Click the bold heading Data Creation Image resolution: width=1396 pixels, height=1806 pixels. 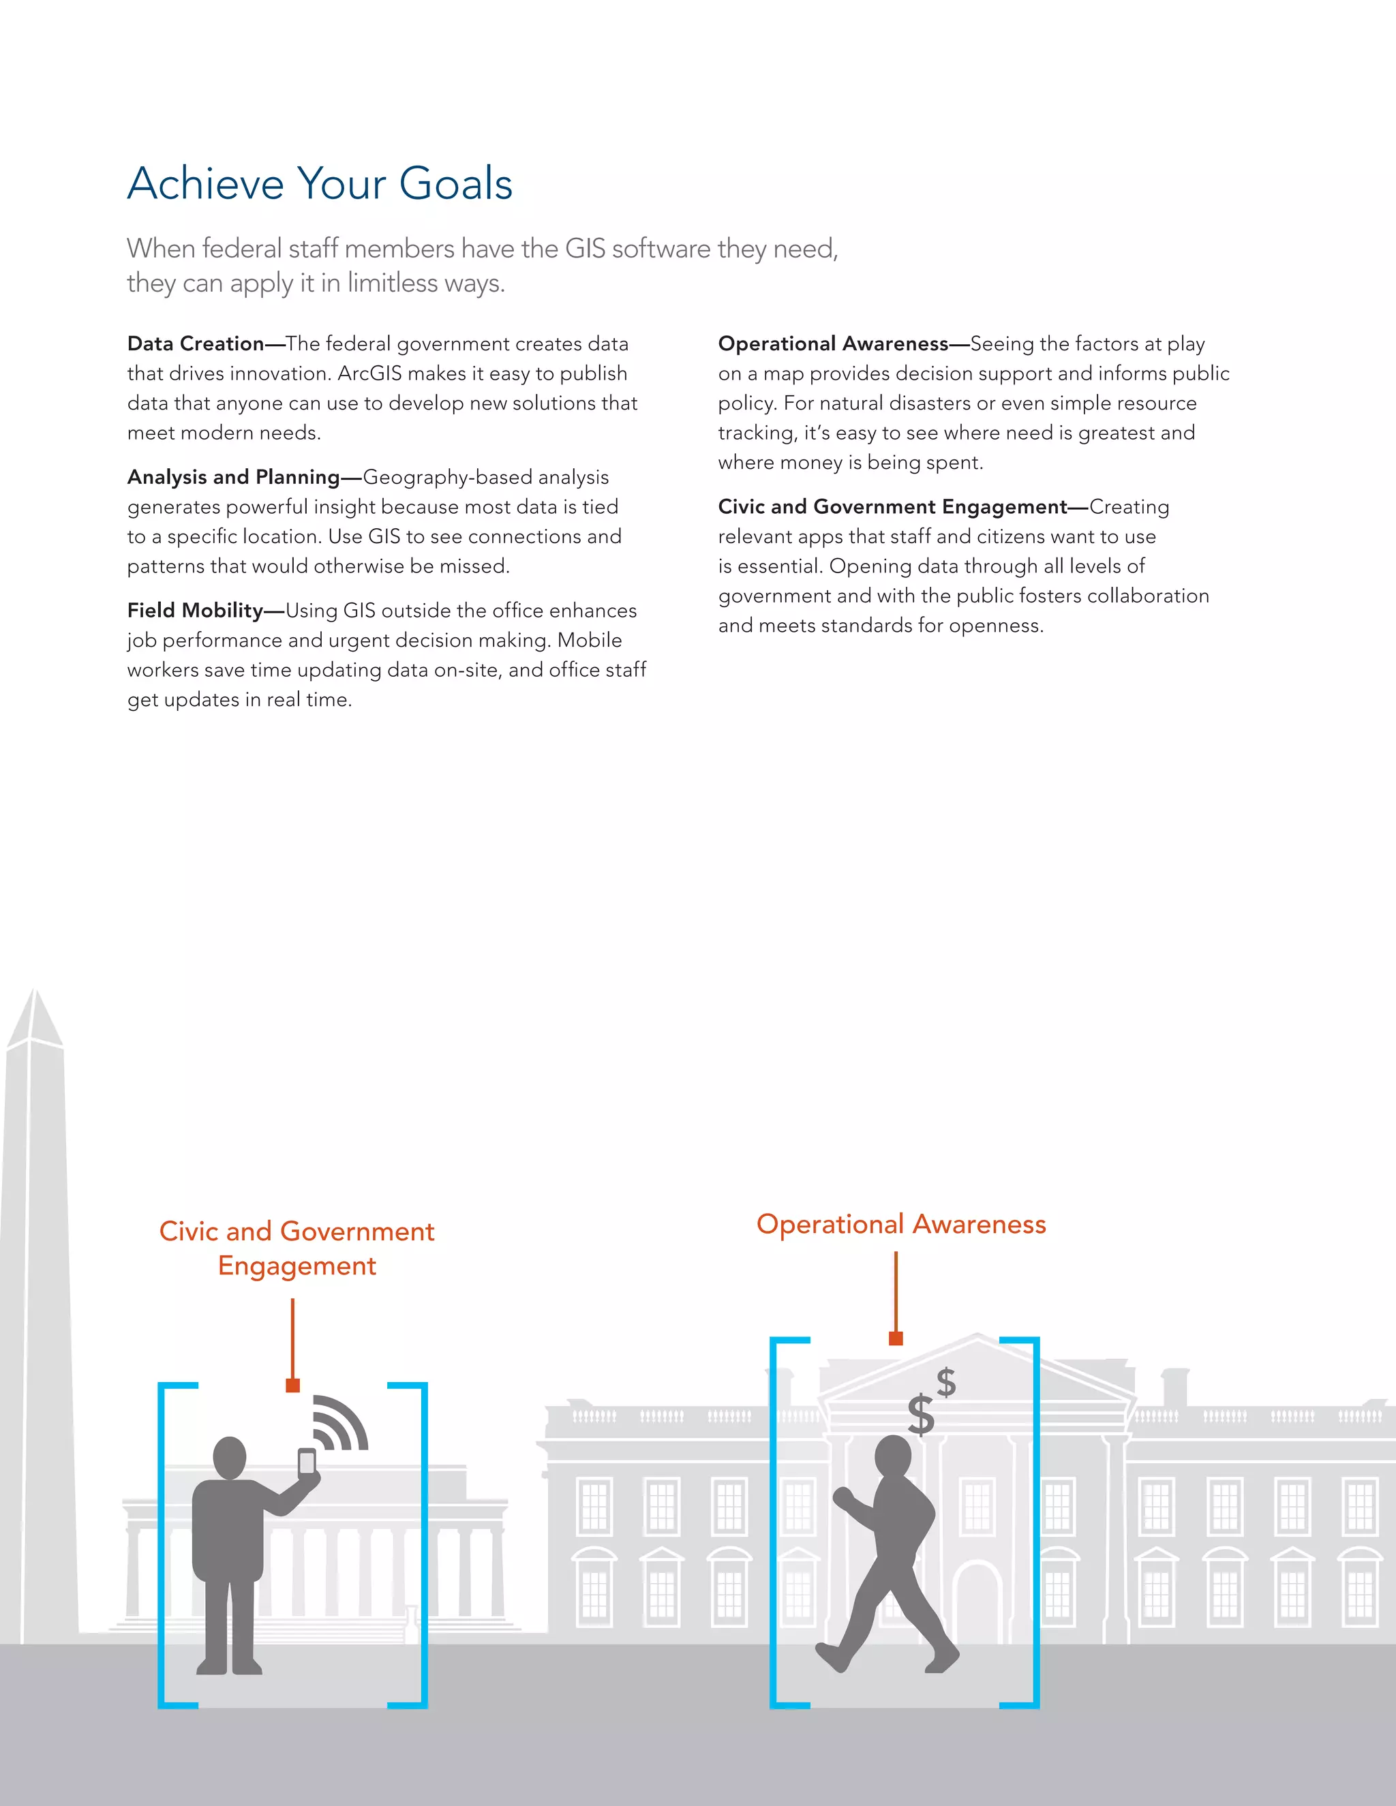point(195,344)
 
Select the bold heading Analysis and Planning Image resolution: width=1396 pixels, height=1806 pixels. point(233,477)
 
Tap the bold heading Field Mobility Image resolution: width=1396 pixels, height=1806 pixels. point(195,610)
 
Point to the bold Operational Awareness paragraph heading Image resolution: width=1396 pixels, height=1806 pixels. point(833,344)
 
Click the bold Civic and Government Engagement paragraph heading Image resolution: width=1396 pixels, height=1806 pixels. point(892,507)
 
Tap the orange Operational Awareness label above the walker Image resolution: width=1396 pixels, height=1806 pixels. point(900,1225)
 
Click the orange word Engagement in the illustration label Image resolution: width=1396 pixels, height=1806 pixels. point(297,1266)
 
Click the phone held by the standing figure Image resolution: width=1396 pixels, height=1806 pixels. point(307,1462)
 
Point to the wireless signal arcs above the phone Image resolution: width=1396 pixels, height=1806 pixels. point(341,1422)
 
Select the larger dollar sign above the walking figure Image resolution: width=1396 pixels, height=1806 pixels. point(920,1414)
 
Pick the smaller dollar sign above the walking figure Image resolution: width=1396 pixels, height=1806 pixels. point(946,1382)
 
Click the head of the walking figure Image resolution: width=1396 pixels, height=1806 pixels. point(893,1454)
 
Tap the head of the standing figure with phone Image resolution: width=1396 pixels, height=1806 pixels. point(230,1457)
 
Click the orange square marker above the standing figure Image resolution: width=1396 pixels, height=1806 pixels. point(292,1385)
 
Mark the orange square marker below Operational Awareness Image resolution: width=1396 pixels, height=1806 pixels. point(896,1338)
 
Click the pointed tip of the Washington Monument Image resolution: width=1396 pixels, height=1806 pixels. point(35,992)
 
